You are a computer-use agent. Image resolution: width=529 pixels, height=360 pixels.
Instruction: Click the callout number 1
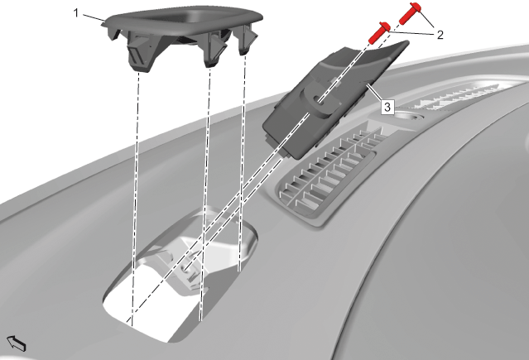[x=76, y=13]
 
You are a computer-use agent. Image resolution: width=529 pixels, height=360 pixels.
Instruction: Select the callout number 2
[x=440, y=35]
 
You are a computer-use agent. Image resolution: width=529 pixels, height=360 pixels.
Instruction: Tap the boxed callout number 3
[x=387, y=107]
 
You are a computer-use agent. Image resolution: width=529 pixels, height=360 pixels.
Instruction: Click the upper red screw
[x=410, y=13]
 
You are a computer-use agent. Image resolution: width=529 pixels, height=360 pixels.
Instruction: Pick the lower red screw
[x=379, y=33]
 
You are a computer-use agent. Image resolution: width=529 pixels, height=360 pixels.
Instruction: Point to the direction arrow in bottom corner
[x=17, y=343]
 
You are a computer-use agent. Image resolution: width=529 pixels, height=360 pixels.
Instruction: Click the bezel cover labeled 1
[x=182, y=36]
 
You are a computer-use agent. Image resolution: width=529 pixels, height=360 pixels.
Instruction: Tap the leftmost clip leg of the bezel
[x=141, y=56]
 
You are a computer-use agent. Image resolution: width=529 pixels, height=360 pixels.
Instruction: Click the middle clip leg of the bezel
[x=214, y=50]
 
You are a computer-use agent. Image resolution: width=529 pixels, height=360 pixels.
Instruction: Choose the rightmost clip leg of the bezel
[x=248, y=41]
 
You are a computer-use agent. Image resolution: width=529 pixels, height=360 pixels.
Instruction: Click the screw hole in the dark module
[x=318, y=99]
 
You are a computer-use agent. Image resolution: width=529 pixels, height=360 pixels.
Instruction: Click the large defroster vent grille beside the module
[x=327, y=175]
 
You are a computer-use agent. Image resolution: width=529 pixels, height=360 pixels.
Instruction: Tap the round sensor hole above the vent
[x=409, y=117]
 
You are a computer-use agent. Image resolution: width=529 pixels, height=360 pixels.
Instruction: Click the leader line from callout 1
[x=93, y=18]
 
